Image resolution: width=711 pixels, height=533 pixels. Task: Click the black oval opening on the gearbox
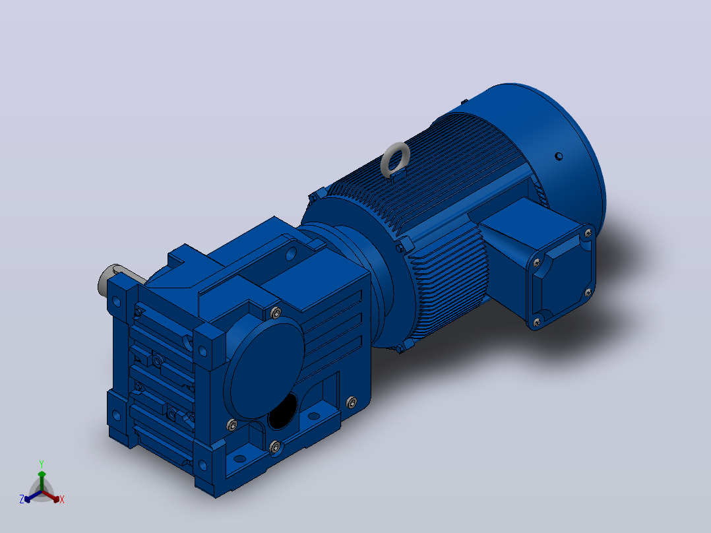click(x=282, y=412)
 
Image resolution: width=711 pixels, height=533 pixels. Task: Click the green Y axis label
click(x=42, y=464)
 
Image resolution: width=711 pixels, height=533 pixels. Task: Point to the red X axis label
click(x=62, y=499)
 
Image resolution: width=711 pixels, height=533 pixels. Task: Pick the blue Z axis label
click(x=22, y=499)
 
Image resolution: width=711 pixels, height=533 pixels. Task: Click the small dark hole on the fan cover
click(x=559, y=156)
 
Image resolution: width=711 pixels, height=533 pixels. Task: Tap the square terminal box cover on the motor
click(x=561, y=276)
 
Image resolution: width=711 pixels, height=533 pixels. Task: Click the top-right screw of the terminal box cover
click(x=588, y=233)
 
